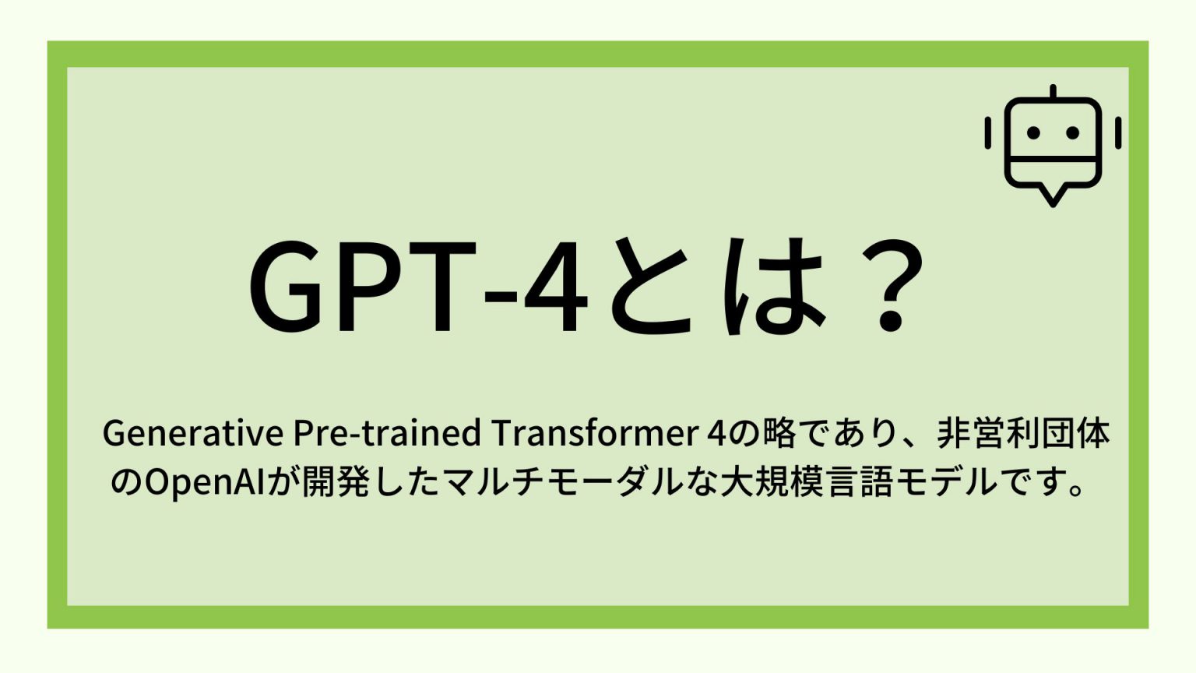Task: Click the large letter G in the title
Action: click(287, 287)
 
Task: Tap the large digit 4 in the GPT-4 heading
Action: click(554, 287)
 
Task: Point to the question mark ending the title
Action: click(888, 287)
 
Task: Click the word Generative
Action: click(192, 434)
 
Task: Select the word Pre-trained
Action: click(386, 434)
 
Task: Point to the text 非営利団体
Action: click(1023, 434)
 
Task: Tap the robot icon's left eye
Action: click(1033, 133)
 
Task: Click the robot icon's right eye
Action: click(1072, 133)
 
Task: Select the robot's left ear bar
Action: click(988, 133)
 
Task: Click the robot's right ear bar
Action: click(1118, 133)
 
